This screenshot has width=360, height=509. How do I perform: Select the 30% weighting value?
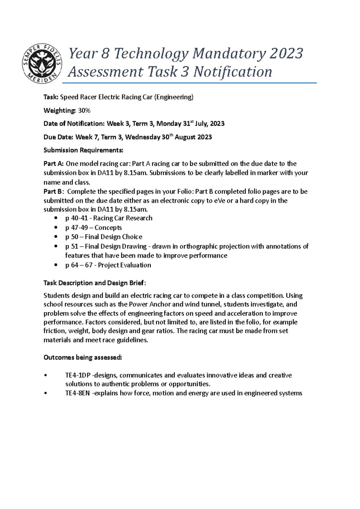pyautogui.click(x=84, y=111)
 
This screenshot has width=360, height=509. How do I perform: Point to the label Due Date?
pyautogui.click(x=58, y=137)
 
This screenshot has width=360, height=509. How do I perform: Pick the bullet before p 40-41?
pyautogui.click(x=56, y=218)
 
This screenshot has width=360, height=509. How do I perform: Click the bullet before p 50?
pyautogui.click(x=56, y=237)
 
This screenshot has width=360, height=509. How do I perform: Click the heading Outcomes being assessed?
pyautogui.click(x=83, y=358)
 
